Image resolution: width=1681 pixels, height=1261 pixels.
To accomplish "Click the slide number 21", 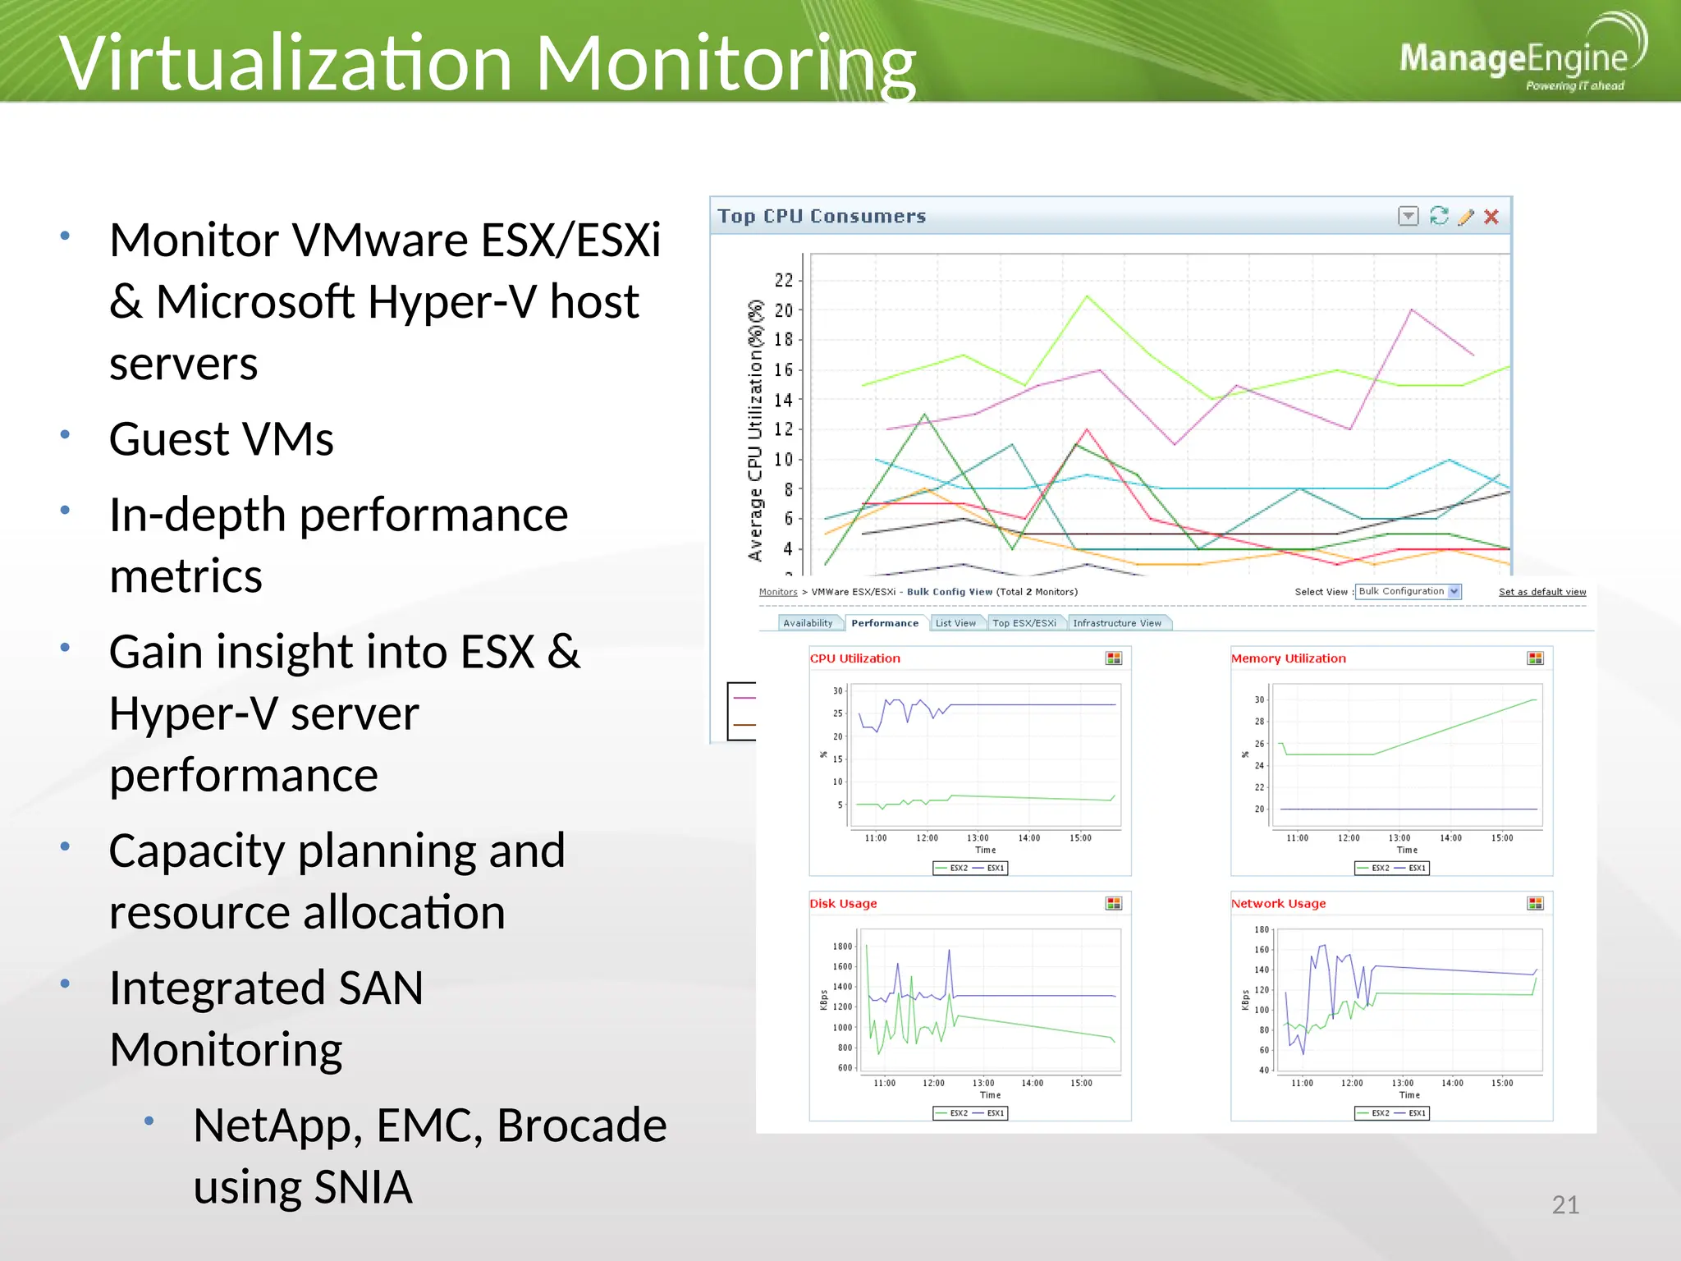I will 1564,1204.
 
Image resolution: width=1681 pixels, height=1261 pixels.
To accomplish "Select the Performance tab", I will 884,623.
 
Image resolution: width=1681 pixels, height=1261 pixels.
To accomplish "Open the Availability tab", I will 808,623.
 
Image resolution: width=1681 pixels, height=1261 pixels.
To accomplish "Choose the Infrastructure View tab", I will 1116,623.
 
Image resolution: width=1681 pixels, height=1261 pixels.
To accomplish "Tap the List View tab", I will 955,623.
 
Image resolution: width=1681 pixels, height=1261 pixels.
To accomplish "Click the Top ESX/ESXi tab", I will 1024,623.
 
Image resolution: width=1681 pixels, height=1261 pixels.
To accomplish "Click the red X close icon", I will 1491,217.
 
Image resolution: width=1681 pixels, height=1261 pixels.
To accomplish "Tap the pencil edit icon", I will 1465,217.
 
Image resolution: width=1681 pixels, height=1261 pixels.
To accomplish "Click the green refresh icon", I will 1438,216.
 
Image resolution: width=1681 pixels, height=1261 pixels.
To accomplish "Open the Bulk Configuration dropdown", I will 1408,591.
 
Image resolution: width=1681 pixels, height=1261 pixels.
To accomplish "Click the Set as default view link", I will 1541,592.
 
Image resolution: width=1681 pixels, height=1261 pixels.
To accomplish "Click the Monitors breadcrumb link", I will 777,592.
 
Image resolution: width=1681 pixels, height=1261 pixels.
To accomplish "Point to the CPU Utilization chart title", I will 854,658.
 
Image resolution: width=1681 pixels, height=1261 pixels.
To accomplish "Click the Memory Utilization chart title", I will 1288,658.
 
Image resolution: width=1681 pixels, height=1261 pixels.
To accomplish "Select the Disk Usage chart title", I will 843,903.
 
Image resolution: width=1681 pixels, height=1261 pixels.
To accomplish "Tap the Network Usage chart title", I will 1278,903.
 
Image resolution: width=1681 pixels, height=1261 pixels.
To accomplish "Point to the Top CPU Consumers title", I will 821,216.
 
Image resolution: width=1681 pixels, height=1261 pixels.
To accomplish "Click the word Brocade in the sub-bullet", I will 581,1125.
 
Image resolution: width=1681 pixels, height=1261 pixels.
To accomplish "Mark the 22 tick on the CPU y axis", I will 784,281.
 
